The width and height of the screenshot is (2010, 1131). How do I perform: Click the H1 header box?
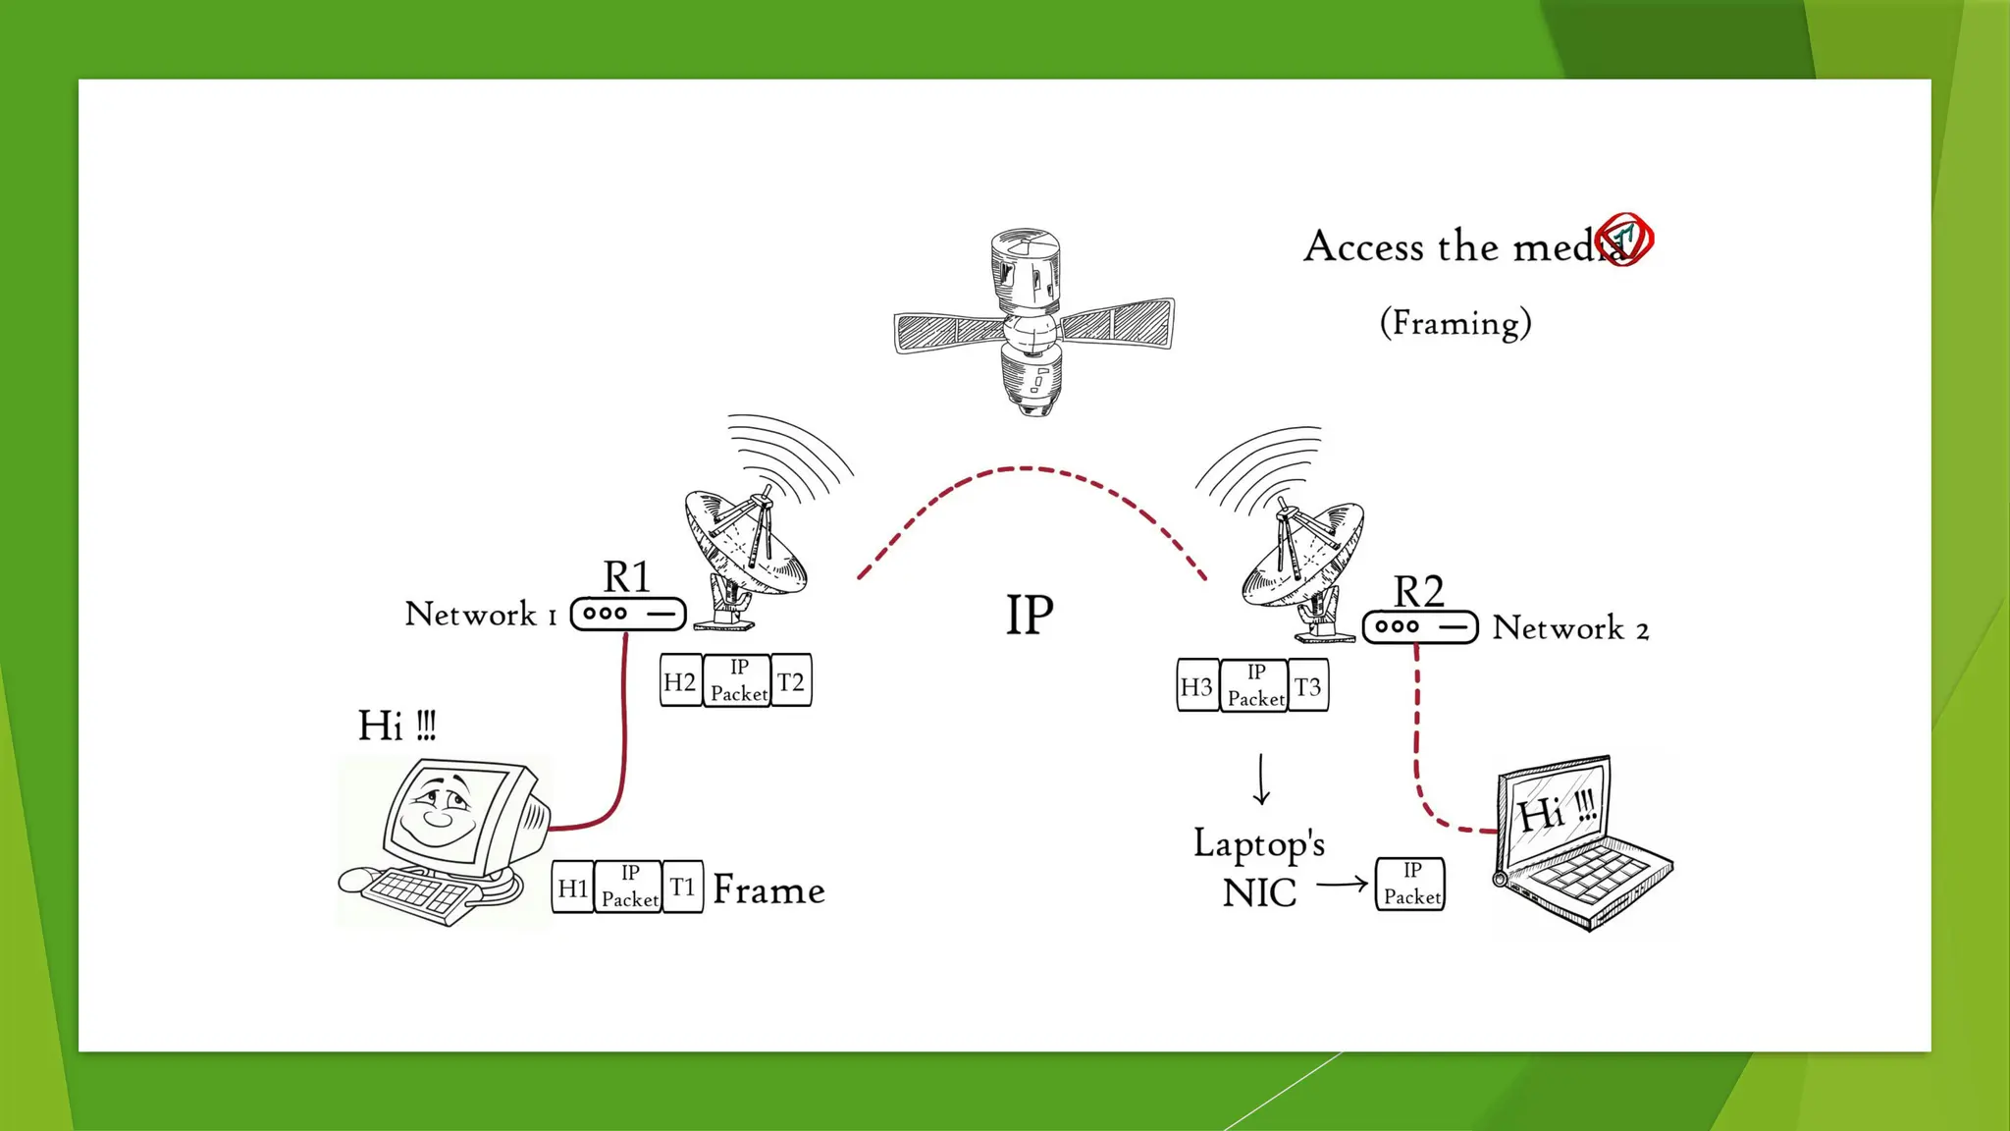572,888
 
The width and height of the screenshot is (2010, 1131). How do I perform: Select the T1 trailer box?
682,888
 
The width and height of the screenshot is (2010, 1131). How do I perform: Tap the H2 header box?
680,681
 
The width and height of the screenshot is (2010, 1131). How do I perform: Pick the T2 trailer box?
791,681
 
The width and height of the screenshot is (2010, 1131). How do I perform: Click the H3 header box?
1197,686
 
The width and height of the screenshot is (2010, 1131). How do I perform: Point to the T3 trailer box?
1307,686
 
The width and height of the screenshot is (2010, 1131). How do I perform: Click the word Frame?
768,889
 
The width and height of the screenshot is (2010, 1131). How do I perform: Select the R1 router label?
626,577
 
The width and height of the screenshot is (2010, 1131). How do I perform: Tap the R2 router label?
1418,592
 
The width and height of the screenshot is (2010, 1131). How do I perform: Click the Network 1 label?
481,615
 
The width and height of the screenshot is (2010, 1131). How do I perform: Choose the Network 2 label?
1570,628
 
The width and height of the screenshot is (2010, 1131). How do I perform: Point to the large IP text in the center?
1030,616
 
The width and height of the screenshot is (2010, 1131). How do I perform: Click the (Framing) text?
1455,323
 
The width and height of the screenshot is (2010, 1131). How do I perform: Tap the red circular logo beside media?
1624,239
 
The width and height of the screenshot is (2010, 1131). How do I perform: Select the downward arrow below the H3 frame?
1262,780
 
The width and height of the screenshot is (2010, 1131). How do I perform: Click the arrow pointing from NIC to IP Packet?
1342,884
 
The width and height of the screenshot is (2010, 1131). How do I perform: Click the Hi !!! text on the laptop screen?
1558,811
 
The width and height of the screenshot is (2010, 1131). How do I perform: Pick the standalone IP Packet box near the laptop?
1410,884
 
